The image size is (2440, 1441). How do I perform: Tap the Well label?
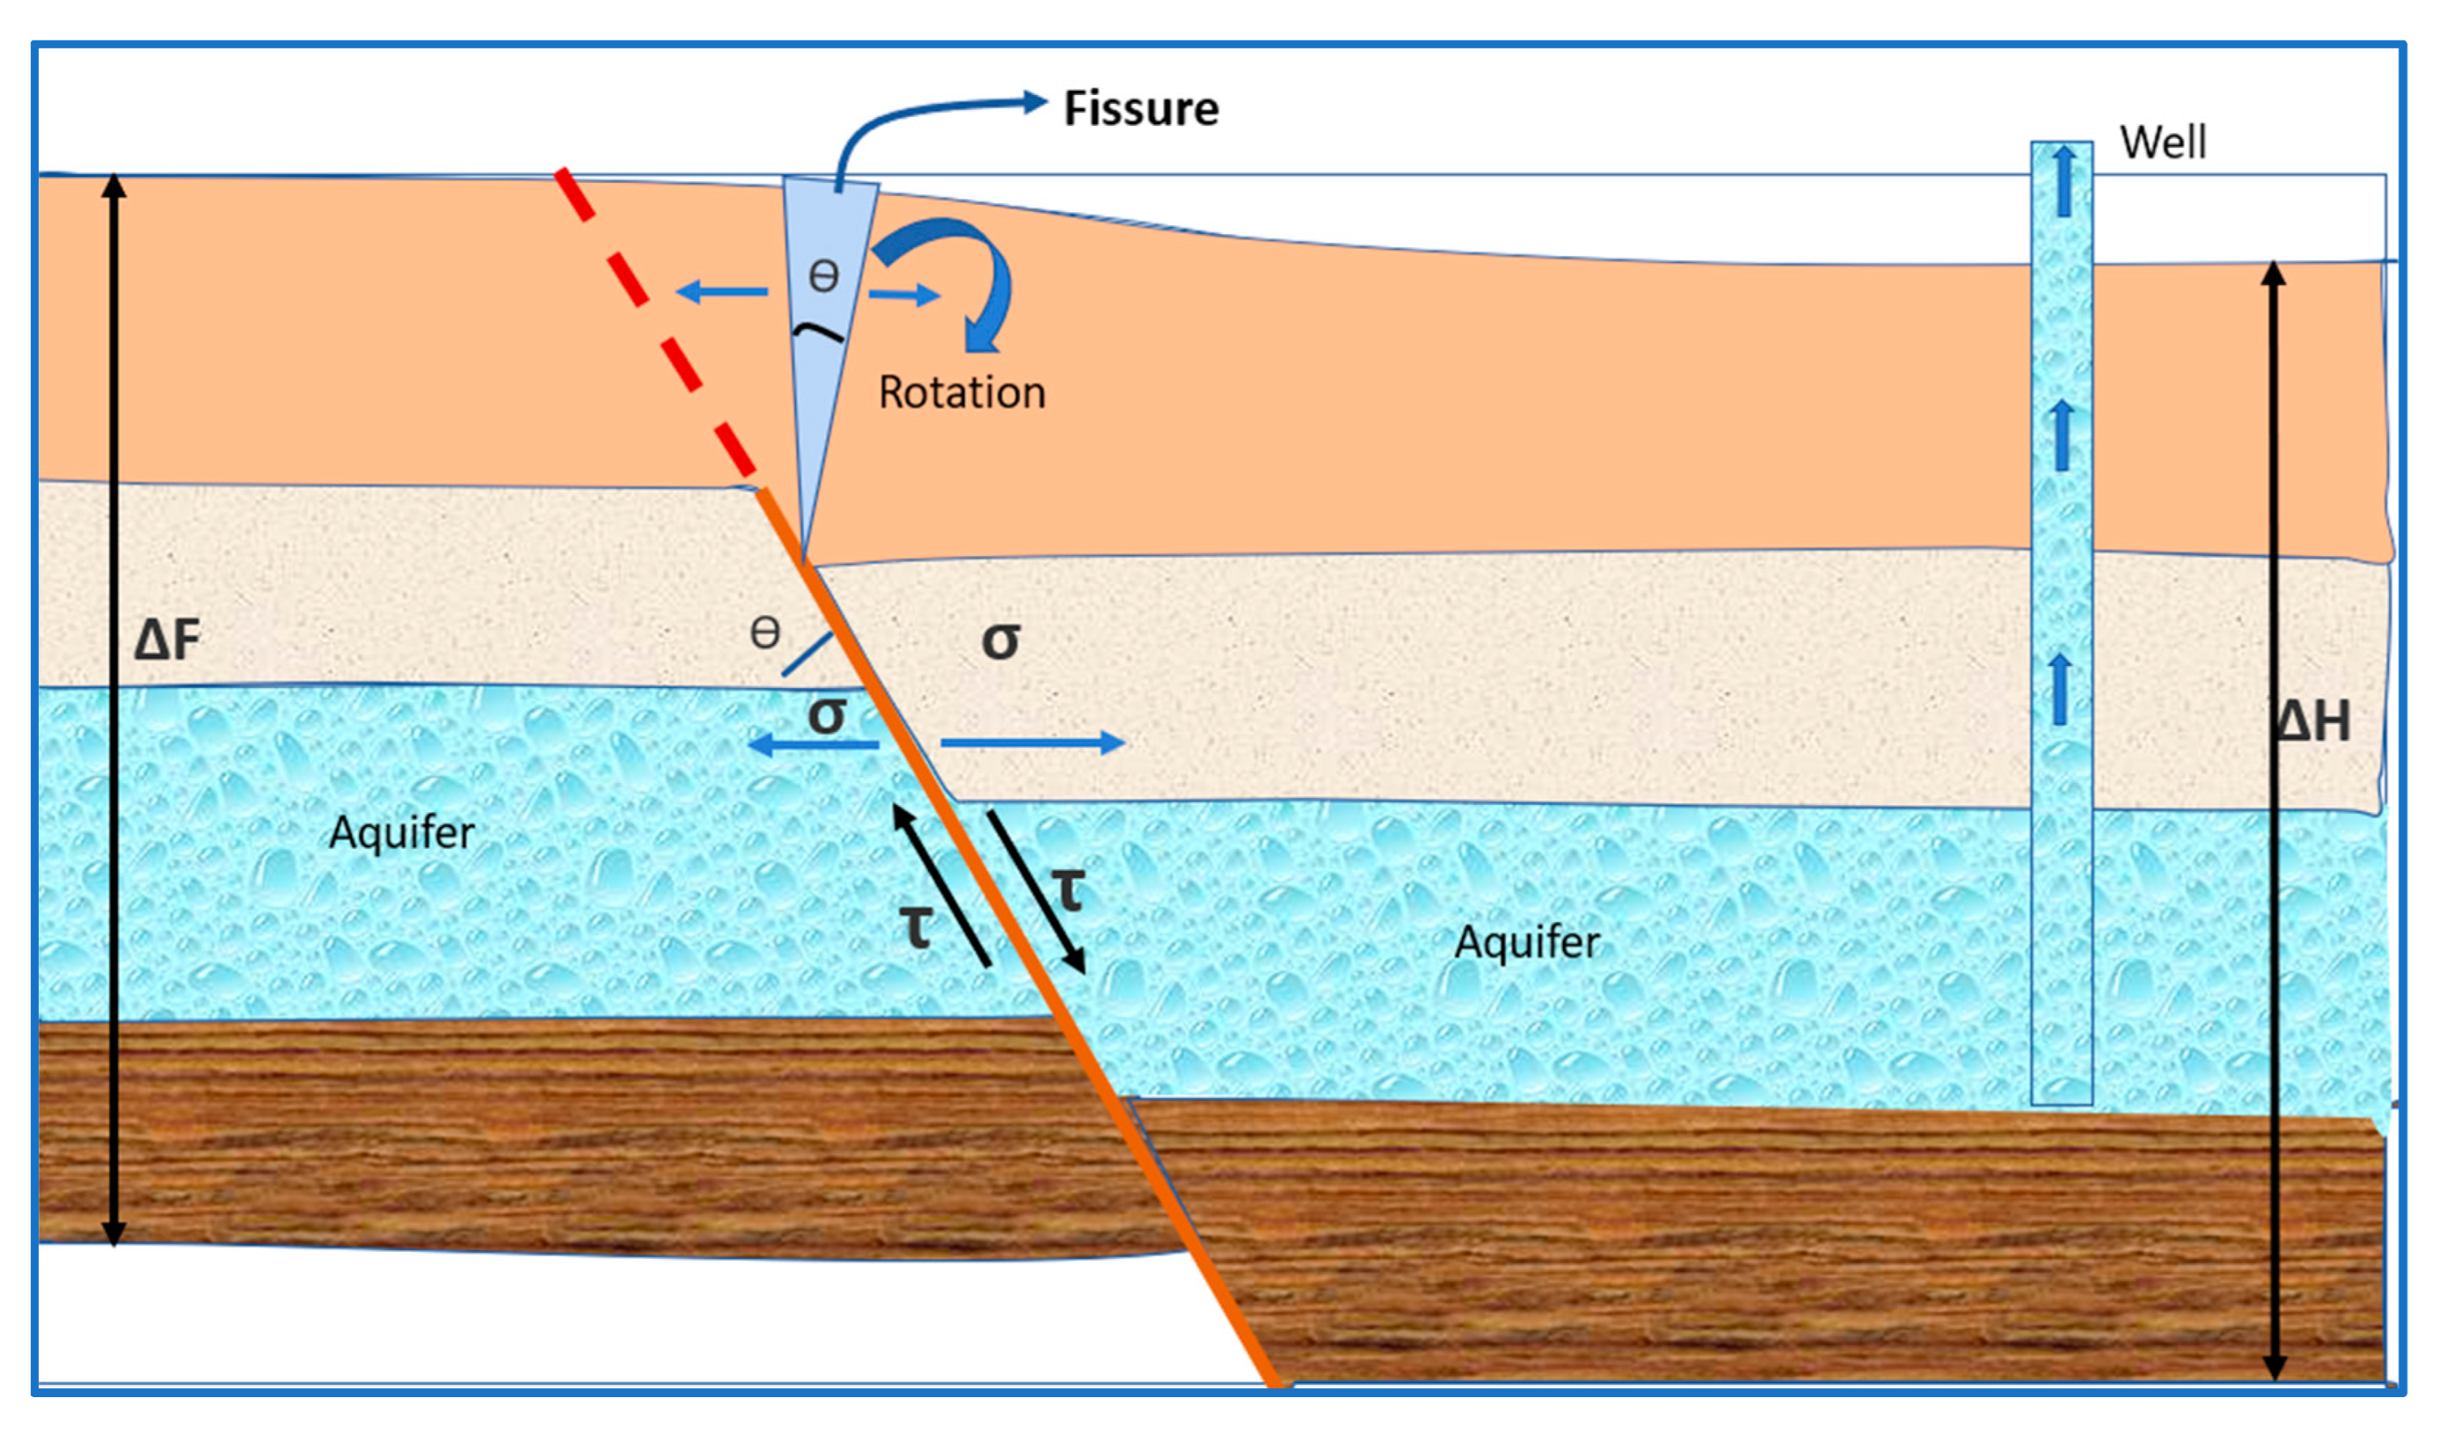(2162, 143)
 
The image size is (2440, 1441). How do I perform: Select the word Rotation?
(961, 393)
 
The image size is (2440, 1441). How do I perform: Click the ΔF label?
(167, 640)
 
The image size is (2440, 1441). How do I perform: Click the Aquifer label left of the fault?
(401, 832)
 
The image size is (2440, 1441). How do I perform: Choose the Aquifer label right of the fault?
(1526, 942)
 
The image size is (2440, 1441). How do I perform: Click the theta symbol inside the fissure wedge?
(824, 278)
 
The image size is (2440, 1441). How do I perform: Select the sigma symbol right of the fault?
(1000, 640)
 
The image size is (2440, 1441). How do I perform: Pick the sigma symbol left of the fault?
(826, 715)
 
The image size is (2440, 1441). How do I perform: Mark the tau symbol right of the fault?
(1068, 889)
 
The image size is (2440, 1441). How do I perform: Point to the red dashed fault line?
(652, 320)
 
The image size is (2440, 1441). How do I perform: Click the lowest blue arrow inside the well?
(2061, 690)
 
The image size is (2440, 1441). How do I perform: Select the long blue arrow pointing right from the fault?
(1031, 744)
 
